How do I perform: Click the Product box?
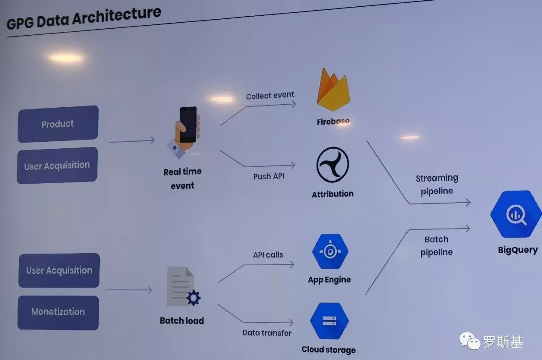click(58, 124)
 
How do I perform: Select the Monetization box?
click(58, 312)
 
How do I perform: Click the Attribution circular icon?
click(332, 165)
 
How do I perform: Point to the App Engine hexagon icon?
click(330, 252)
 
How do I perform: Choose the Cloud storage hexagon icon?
click(329, 321)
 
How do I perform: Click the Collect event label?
click(270, 95)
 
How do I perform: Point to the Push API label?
click(269, 176)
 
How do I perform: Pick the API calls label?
click(268, 255)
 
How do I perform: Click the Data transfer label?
click(266, 333)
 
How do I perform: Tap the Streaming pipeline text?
click(437, 184)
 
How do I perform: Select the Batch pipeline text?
click(437, 246)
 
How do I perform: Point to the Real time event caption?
click(182, 178)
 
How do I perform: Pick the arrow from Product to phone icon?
click(131, 141)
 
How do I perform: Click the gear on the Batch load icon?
click(193, 298)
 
